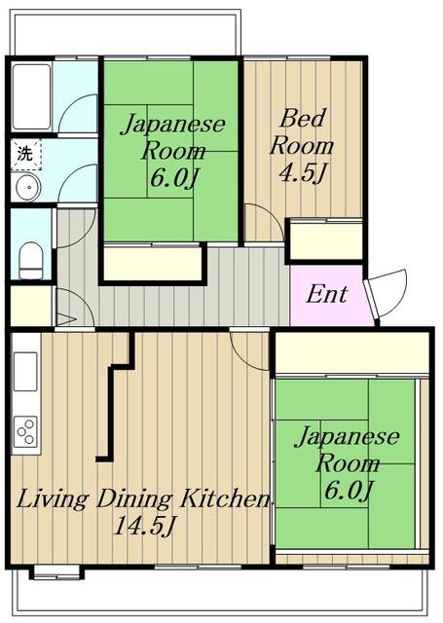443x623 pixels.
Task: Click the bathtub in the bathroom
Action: coord(31,97)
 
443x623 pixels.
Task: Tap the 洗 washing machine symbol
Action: coord(24,154)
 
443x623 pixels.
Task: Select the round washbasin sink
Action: coord(27,186)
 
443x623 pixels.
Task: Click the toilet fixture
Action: coord(31,261)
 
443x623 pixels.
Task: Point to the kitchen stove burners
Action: coord(26,430)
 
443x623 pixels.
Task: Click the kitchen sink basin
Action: coord(26,372)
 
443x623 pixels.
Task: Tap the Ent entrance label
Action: coord(326,294)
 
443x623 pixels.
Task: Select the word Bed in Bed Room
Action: coord(302,118)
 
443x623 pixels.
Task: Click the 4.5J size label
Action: coord(303,173)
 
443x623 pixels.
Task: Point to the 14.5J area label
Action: coord(144,526)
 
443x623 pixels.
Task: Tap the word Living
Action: coord(52,499)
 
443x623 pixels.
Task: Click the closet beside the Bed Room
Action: coord(326,241)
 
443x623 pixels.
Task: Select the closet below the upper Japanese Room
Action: coord(153,264)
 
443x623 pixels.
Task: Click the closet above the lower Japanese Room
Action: coord(352,352)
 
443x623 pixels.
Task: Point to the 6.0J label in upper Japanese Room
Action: coord(174,178)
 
